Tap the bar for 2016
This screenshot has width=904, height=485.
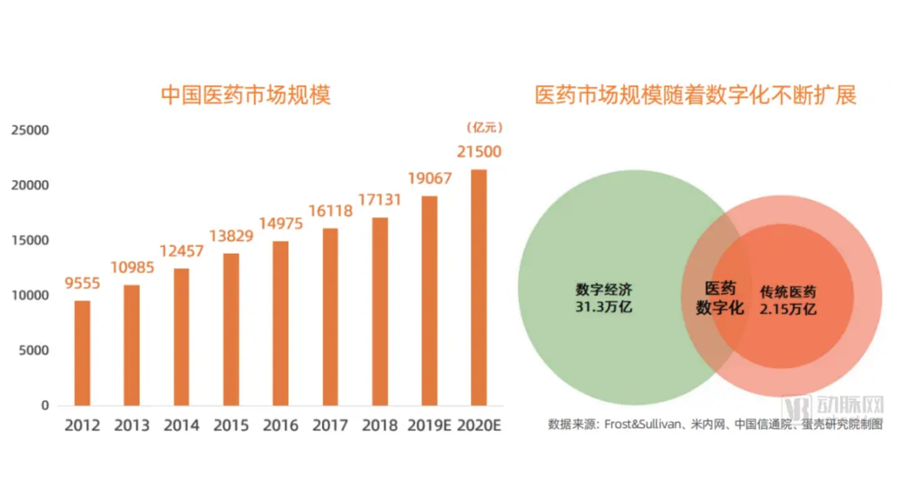[x=281, y=323]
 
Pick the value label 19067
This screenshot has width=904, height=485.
[x=429, y=179]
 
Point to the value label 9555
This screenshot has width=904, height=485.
[x=82, y=283]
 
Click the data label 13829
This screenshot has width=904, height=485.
[x=231, y=236]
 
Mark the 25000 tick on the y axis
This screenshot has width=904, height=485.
[x=30, y=130]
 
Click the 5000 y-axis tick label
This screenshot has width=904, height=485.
[x=34, y=351]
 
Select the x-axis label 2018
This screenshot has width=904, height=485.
[x=380, y=426]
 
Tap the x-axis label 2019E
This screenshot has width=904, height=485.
[x=429, y=426]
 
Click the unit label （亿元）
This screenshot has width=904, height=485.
[x=484, y=127]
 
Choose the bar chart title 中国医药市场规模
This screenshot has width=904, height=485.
[x=246, y=95]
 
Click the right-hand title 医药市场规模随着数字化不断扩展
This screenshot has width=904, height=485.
[x=696, y=95]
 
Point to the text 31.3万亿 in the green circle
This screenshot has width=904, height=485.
[x=604, y=307]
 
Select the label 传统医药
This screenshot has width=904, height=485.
[x=788, y=292]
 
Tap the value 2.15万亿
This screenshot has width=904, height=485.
[x=788, y=309]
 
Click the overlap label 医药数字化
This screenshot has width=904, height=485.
[x=720, y=298]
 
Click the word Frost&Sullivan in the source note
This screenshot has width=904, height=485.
[x=643, y=424]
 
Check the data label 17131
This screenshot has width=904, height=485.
[x=380, y=200]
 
